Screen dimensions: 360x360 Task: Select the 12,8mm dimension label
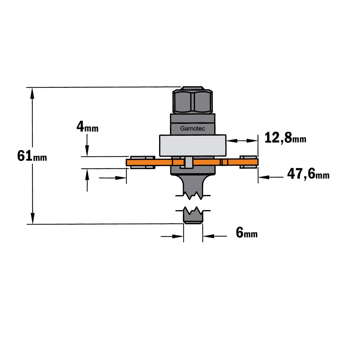285,138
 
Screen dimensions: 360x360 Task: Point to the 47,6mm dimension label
309,174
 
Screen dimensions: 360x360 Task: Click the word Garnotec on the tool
192,129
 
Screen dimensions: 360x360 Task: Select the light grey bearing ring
193,145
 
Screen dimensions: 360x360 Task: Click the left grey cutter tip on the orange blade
143,162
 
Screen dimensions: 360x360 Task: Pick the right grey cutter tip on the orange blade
248,162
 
